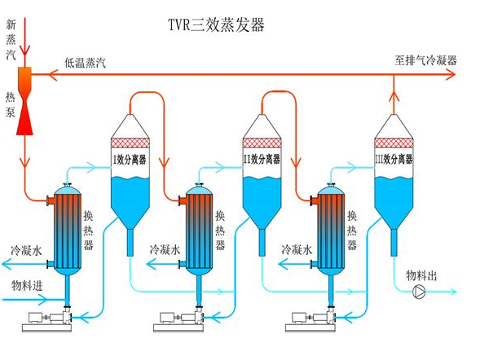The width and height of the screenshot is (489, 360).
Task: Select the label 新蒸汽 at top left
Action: pos(10,37)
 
